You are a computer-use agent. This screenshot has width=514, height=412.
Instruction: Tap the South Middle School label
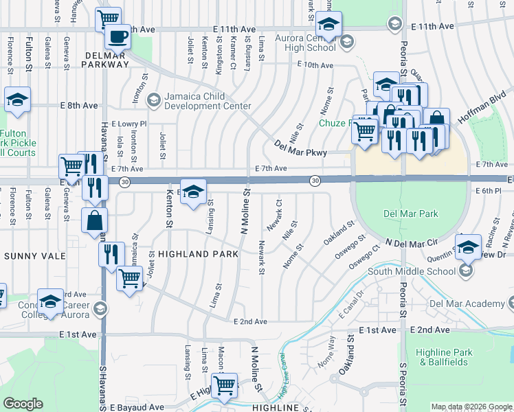412,271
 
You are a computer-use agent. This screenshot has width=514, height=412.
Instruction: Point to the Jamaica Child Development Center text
207,101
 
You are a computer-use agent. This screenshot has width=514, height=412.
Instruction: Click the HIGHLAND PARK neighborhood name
198,254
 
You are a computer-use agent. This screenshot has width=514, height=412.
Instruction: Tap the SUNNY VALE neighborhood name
34,256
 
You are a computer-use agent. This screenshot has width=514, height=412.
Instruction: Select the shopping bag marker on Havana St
94,220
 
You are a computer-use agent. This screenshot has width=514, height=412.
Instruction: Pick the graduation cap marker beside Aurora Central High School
328,26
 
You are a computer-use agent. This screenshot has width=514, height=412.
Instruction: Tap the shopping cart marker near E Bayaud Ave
224,386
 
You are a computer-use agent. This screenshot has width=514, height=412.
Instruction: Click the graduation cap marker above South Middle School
468,247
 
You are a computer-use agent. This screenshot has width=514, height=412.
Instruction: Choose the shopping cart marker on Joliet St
128,278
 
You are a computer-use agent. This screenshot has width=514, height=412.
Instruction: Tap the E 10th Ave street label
315,65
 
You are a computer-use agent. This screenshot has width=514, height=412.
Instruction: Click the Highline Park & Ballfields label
445,357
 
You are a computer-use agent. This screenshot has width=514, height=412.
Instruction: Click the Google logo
23,404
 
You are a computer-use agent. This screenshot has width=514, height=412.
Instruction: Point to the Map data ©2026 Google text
471,407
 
